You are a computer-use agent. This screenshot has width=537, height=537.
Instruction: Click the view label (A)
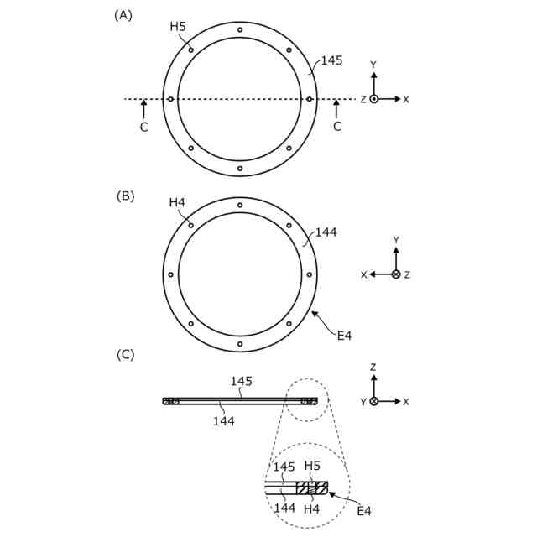point(123,15)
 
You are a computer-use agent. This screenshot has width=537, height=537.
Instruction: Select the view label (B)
point(125,196)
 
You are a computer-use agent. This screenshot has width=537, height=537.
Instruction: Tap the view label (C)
point(125,355)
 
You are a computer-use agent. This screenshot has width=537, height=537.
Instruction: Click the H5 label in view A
point(178,26)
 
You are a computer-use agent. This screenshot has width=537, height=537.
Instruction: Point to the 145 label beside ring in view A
point(331,60)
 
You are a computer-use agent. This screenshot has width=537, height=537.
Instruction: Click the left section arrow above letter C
point(143,109)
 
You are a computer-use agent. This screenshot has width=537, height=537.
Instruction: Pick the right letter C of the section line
point(337,127)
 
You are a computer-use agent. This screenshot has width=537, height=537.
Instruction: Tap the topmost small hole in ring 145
point(240,30)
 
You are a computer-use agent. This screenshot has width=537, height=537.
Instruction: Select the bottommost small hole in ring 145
point(240,169)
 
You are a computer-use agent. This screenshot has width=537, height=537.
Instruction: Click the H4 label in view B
point(177,203)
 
